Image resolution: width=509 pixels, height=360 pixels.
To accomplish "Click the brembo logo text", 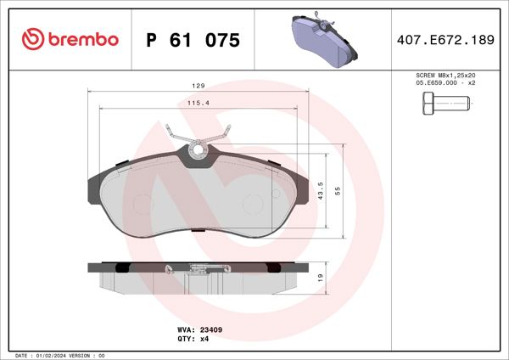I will pos(82,40).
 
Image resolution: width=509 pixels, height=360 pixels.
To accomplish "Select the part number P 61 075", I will pos(193,40).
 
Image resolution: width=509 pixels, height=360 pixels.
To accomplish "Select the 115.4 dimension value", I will pos(198,103).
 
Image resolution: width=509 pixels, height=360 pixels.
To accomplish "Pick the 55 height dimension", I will pos(338,191).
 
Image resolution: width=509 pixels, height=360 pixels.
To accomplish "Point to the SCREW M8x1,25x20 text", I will pos(445,76).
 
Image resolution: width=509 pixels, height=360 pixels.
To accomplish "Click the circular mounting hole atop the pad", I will pos(199,153).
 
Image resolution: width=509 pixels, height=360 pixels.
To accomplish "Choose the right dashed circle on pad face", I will pos(253,204).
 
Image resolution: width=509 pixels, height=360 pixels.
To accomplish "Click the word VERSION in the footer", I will pos(83,355).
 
